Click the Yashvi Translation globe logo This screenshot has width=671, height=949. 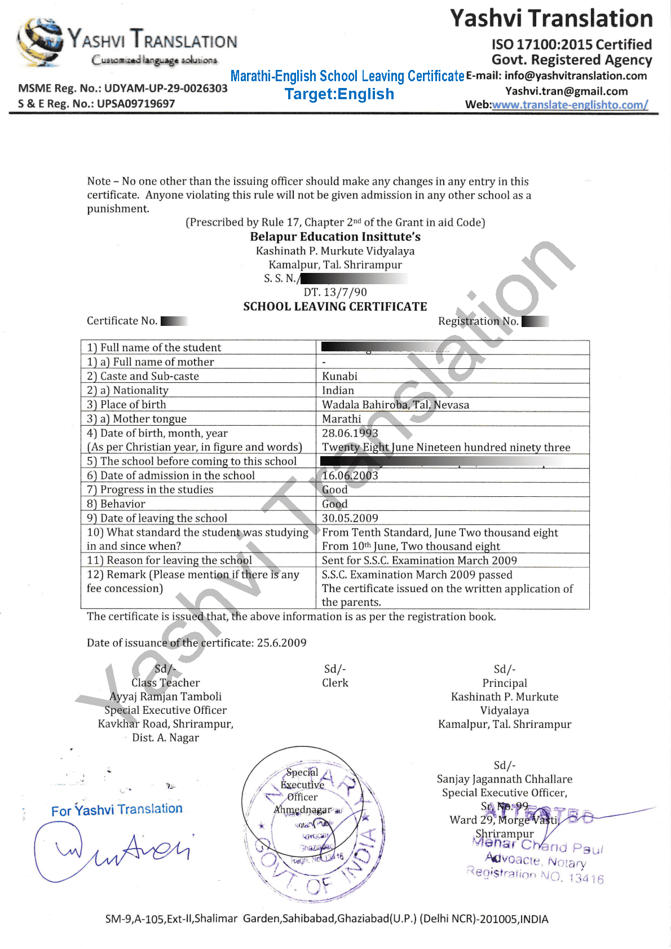[39, 41]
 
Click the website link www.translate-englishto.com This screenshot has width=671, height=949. [570, 105]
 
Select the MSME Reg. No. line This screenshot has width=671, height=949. [122, 89]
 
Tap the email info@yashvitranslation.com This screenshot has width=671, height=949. [576, 76]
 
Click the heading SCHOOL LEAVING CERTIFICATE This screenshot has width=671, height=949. [335, 307]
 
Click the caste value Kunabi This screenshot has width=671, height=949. [339, 376]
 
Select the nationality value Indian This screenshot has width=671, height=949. [338, 390]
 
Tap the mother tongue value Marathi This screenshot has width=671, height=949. [341, 419]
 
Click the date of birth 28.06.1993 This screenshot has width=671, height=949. [350, 433]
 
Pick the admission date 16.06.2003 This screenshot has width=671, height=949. [350, 475]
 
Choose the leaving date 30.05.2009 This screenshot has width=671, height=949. [350, 518]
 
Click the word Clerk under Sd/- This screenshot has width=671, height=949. [335, 683]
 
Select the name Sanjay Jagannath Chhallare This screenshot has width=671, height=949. [504, 779]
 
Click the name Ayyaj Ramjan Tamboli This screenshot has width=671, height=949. [165, 696]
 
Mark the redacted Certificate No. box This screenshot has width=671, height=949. [174, 321]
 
